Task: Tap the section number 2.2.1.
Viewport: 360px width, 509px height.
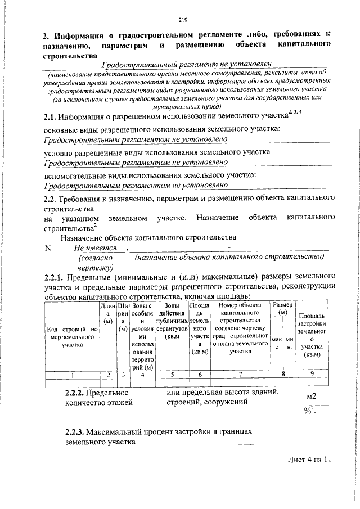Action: pos(54,277)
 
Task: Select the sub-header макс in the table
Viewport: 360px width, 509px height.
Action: pos(276,344)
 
